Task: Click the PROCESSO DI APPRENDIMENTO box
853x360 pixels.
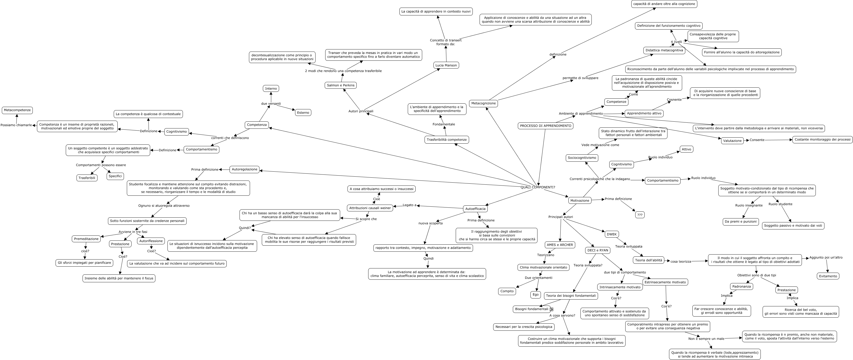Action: [545, 126]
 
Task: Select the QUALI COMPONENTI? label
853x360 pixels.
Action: [538, 187]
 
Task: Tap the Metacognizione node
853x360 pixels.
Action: [483, 103]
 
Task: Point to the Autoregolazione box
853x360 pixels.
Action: [245, 170]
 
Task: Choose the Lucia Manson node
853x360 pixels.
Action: [446, 65]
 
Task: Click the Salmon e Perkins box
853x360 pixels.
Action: [340, 85]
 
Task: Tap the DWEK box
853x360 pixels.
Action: [612, 234]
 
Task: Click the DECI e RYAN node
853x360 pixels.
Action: [598, 251]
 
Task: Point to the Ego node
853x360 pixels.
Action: [535, 295]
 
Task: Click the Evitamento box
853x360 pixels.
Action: [828, 276]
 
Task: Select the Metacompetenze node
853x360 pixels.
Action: [17, 110]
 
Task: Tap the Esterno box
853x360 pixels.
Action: [303, 113]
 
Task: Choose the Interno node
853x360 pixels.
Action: [271, 89]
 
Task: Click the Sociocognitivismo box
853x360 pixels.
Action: [582, 158]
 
